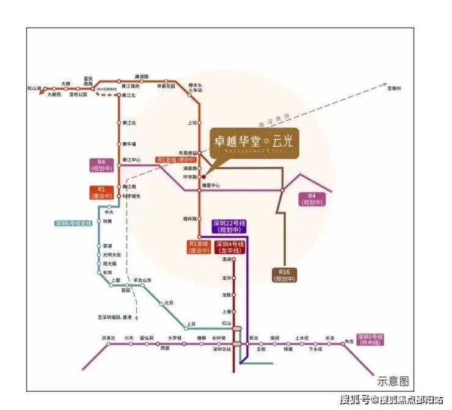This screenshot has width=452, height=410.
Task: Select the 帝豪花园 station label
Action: tap(166, 87)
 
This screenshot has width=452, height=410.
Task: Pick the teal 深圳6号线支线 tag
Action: tap(73, 223)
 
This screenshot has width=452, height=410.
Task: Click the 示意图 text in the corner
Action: tap(394, 381)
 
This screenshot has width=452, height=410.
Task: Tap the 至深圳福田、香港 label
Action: tap(115, 317)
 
